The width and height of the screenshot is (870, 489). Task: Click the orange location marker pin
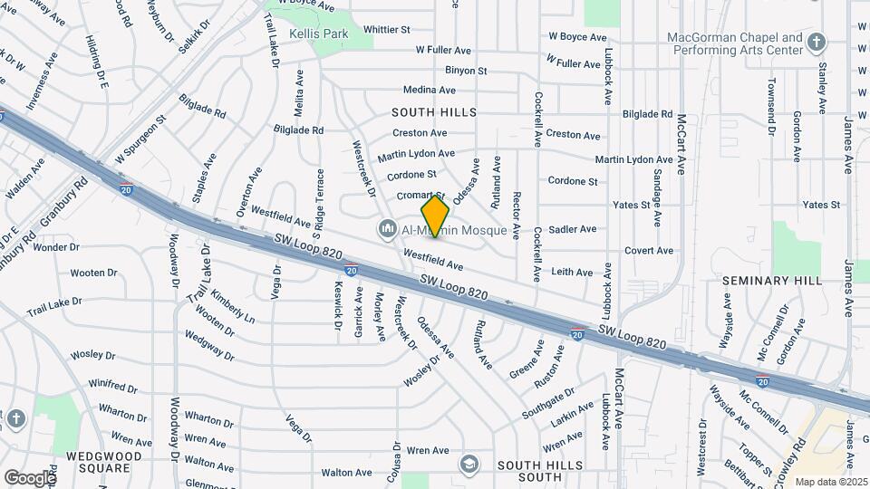pyautogui.click(x=435, y=216)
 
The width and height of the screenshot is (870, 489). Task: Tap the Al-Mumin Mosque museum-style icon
pyautogui.click(x=388, y=227)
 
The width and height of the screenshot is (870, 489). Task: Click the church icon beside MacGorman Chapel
pyautogui.click(x=817, y=43)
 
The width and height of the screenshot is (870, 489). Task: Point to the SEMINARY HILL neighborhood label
pyautogui.click(x=772, y=281)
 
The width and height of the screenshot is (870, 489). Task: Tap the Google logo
pyautogui.click(x=29, y=477)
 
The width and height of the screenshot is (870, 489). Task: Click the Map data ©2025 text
pyautogui.click(x=831, y=482)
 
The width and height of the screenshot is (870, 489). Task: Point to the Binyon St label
pyautogui.click(x=466, y=70)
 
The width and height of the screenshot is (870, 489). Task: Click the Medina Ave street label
pyautogui.click(x=429, y=90)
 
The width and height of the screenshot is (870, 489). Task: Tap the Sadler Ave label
pyautogui.click(x=573, y=229)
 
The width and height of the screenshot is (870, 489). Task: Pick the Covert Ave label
pyautogui.click(x=647, y=250)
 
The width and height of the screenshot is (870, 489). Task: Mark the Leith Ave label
pyautogui.click(x=572, y=272)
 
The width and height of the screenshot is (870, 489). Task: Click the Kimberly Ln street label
pyautogui.click(x=233, y=307)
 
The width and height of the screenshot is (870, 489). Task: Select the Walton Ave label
pyautogui.click(x=346, y=473)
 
